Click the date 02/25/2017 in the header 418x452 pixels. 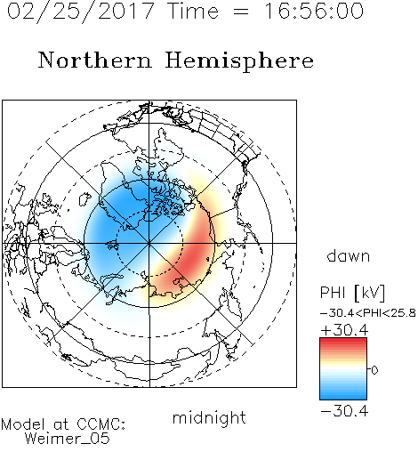(x=80, y=12)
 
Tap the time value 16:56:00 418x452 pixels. (x=314, y=11)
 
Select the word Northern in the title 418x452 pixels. (x=95, y=61)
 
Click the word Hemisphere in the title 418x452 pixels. (x=239, y=61)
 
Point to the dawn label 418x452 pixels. (x=349, y=256)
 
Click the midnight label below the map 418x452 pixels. (x=209, y=418)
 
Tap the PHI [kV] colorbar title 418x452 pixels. (x=352, y=293)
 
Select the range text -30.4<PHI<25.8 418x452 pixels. (x=368, y=313)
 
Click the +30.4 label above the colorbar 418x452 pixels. (x=344, y=330)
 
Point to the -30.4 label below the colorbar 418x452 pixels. (x=344, y=411)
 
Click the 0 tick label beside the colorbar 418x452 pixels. (x=374, y=370)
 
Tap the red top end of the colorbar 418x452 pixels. (x=343, y=340)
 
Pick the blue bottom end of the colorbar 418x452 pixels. (x=343, y=397)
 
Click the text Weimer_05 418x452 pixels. (x=68, y=439)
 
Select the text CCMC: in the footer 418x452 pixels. (x=101, y=424)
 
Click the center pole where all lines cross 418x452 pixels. (x=149, y=243)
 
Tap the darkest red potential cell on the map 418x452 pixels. (x=194, y=256)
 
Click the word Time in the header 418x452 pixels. (x=193, y=11)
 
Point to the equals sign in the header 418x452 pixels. (x=241, y=12)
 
